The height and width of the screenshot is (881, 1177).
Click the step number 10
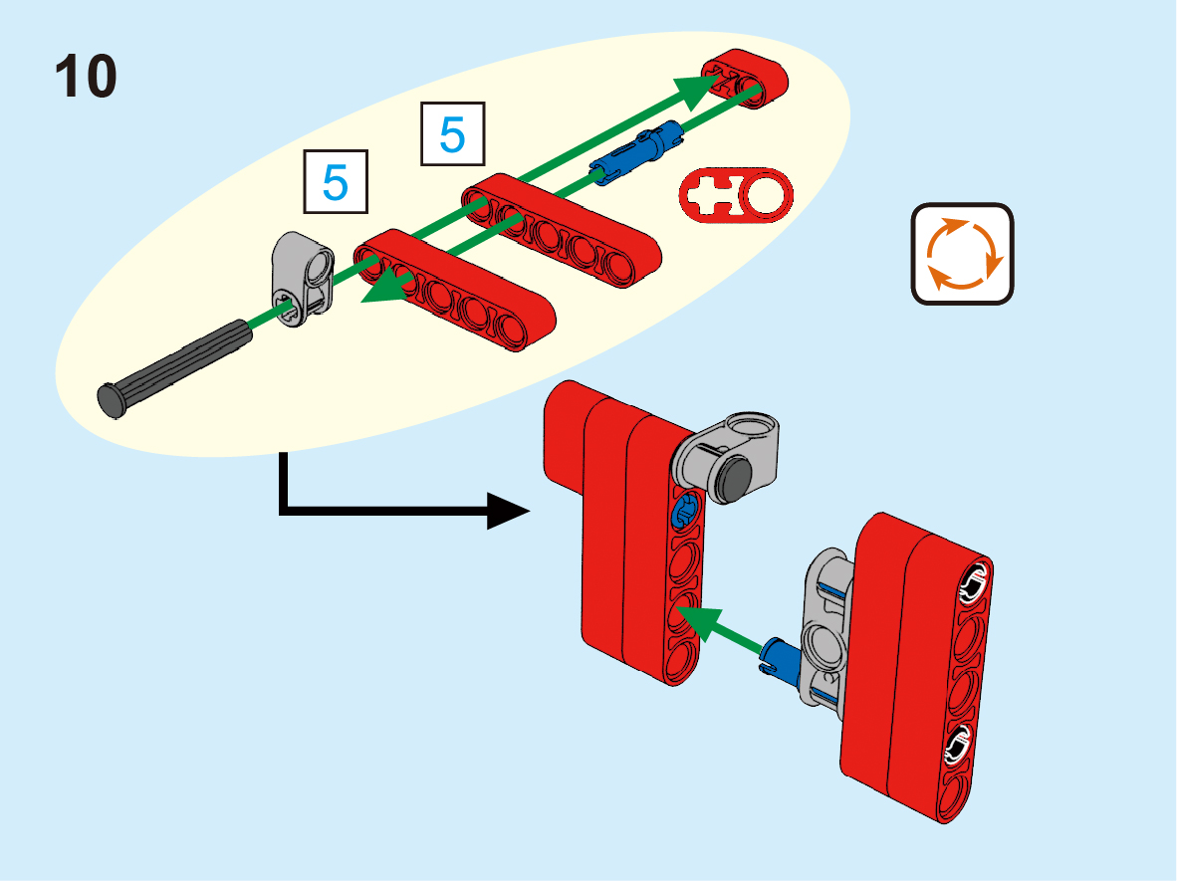(86, 78)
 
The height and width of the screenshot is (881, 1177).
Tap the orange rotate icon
(962, 254)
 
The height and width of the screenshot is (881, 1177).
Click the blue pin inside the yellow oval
(637, 150)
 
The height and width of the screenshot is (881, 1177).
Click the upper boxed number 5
(452, 133)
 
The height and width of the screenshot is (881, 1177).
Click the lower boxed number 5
(335, 182)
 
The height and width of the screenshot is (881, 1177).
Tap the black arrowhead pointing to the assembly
(508, 514)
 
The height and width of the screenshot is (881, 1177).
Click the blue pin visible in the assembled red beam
(684, 514)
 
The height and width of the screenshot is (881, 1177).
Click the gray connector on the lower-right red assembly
(824, 633)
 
